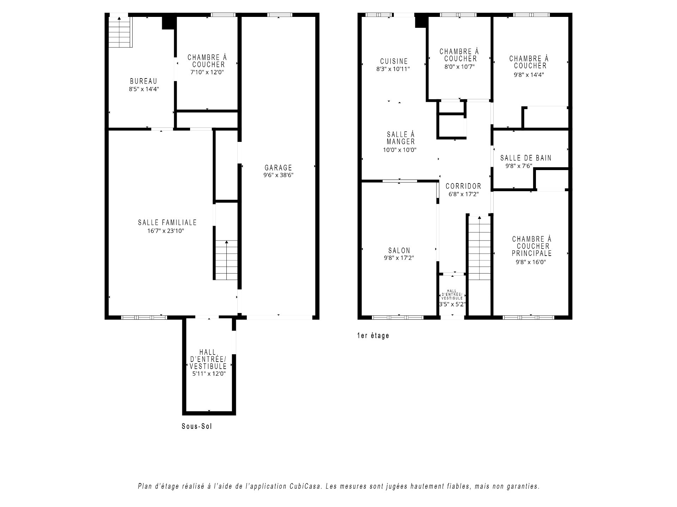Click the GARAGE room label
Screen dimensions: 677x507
(x=278, y=168)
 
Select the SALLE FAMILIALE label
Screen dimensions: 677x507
(x=167, y=223)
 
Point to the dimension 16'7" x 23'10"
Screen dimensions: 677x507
(x=166, y=231)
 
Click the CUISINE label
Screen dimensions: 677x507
(x=394, y=61)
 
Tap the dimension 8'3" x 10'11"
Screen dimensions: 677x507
(x=393, y=69)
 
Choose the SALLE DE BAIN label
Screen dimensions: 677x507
(x=526, y=158)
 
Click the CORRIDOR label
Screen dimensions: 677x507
(x=463, y=186)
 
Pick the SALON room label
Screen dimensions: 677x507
(x=399, y=251)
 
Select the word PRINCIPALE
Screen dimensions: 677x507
(x=532, y=254)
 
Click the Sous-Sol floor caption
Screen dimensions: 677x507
(x=197, y=426)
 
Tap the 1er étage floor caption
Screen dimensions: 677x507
(x=373, y=336)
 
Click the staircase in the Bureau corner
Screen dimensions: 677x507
(x=120, y=32)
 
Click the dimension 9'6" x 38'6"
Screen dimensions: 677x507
(x=278, y=175)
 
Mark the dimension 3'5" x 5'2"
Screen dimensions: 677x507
(x=453, y=304)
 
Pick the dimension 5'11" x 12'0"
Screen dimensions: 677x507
(x=209, y=374)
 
